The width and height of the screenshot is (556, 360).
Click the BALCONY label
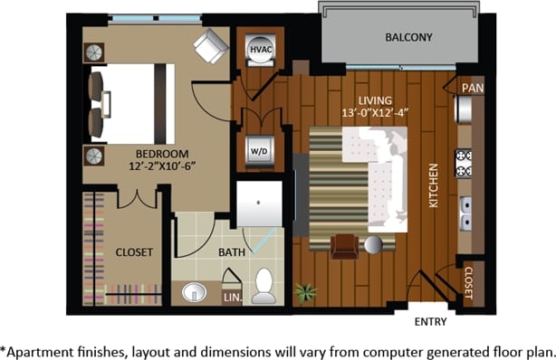click(x=408, y=38)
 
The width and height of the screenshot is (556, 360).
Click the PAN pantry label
click(x=472, y=88)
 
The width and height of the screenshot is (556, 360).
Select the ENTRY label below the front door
click(x=430, y=322)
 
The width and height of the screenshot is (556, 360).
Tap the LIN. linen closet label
click(x=232, y=296)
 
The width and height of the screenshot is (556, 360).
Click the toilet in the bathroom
click(x=264, y=285)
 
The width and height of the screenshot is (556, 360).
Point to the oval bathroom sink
click(x=194, y=292)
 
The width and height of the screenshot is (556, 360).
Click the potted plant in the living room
click(x=307, y=293)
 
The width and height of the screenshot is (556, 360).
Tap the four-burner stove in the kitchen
click(x=464, y=163)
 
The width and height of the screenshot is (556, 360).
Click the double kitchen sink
click(x=465, y=213)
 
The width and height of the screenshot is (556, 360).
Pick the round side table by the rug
click(x=373, y=244)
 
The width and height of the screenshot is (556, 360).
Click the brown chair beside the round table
click(x=343, y=246)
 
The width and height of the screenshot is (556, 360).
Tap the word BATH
click(x=231, y=253)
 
